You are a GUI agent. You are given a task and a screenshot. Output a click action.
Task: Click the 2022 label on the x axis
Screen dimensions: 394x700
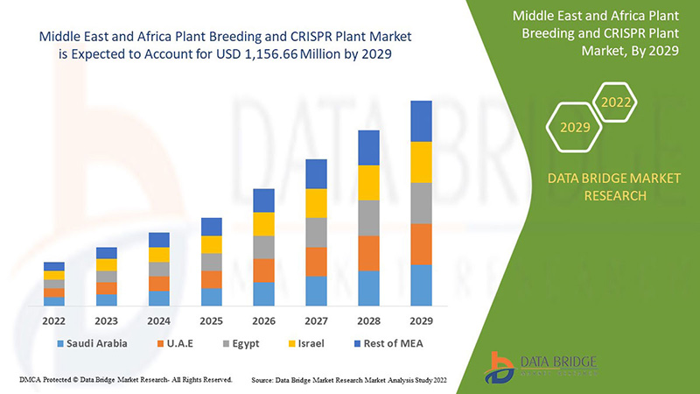pyautogui.click(x=54, y=320)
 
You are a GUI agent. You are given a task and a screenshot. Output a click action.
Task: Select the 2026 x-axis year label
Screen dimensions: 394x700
pyautogui.click(x=263, y=320)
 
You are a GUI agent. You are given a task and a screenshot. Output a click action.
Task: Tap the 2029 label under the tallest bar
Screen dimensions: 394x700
pyautogui.click(x=421, y=320)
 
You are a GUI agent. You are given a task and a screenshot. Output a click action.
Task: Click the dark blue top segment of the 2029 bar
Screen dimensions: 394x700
pyautogui.click(x=421, y=121)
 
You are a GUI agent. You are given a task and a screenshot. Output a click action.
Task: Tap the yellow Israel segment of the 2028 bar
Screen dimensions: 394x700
pyautogui.click(x=368, y=182)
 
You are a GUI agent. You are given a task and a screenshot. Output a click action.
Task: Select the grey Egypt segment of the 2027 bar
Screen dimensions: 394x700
pyautogui.click(x=316, y=232)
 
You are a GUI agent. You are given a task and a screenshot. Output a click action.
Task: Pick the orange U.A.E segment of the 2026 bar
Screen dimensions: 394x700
pyautogui.click(x=263, y=270)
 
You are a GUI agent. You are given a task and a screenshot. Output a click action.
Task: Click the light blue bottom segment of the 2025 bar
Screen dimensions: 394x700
pyautogui.click(x=211, y=297)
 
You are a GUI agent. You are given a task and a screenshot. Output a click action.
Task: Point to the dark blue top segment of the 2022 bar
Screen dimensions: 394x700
pyautogui.click(x=54, y=266)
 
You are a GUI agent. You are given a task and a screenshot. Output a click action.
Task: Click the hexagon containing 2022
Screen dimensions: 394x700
pyautogui.click(x=616, y=103)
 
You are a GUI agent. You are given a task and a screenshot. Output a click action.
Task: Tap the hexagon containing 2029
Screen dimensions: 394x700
pyautogui.click(x=575, y=128)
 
